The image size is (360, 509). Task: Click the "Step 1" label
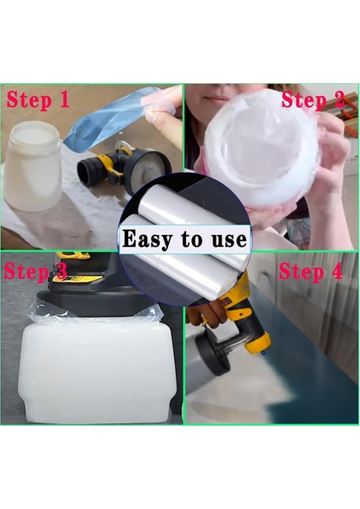pyautogui.click(x=38, y=100)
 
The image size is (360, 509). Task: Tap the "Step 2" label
pyautogui.click(x=313, y=99)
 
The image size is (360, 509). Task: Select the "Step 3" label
pyautogui.click(x=36, y=271)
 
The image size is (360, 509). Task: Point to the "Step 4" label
pyautogui.click(x=311, y=271)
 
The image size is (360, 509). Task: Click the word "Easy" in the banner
pyautogui.click(x=148, y=239)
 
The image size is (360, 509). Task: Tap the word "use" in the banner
pyautogui.click(x=229, y=239)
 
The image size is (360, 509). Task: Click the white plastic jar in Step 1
pyautogui.click(x=32, y=165)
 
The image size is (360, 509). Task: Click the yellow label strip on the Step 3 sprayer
pyautogui.click(x=78, y=278)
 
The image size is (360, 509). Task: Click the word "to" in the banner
pyautogui.click(x=192, y=239)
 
